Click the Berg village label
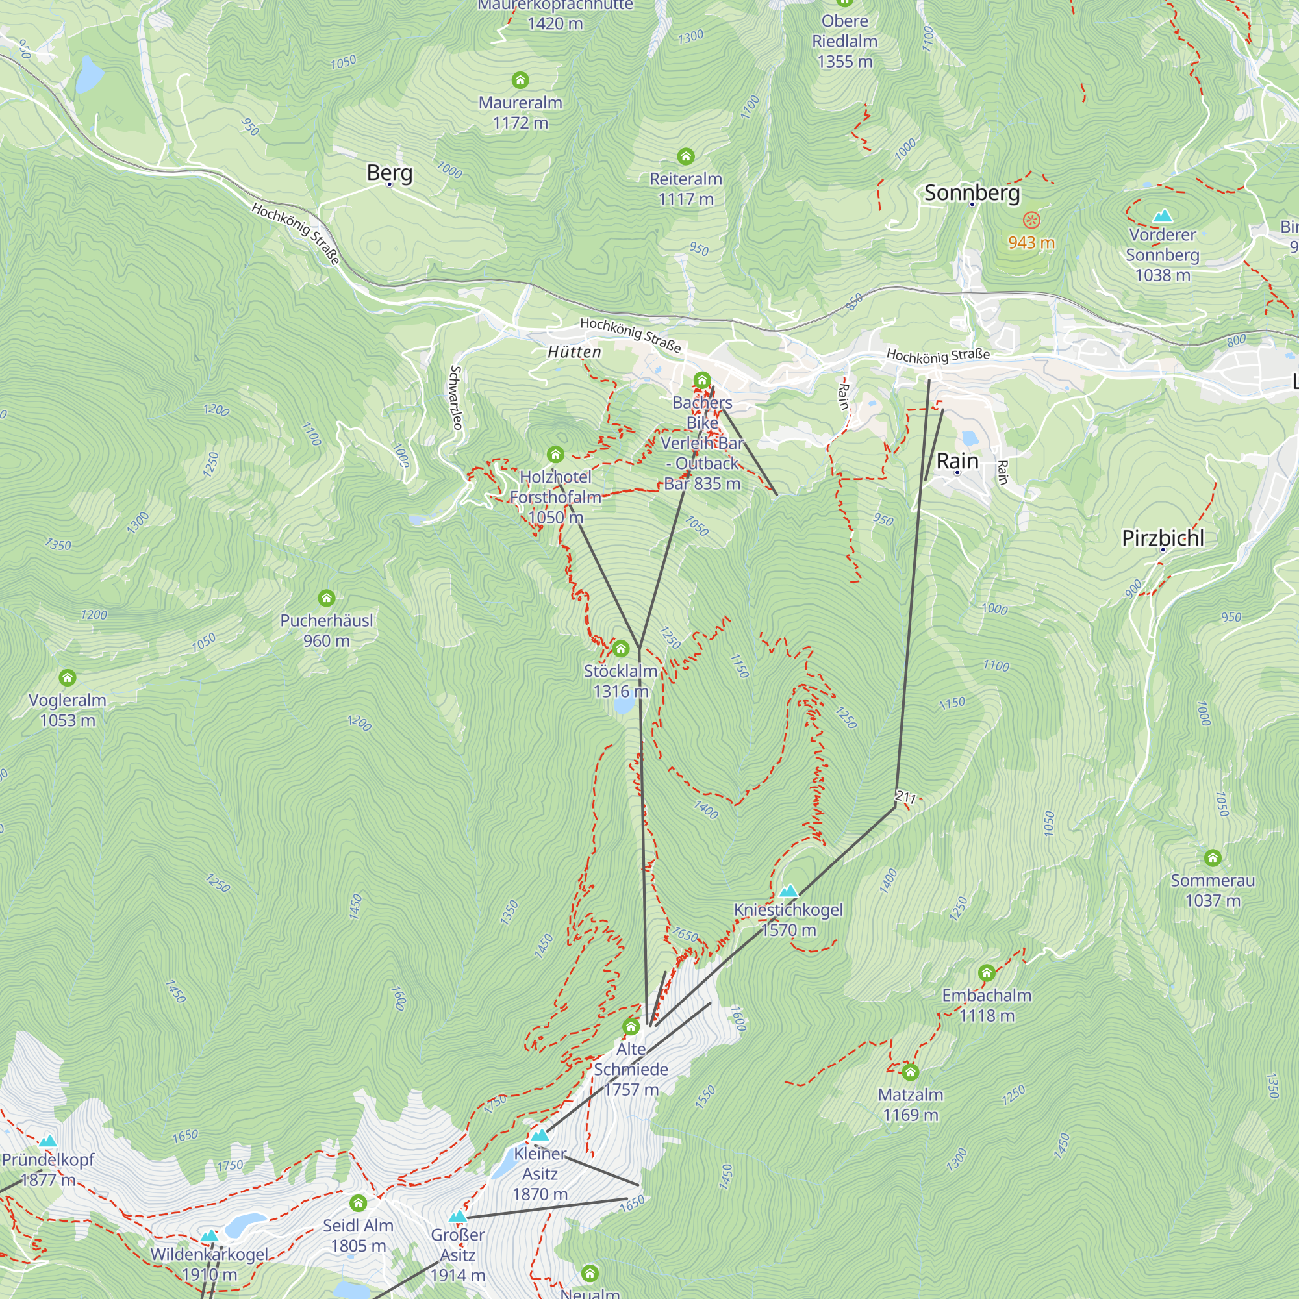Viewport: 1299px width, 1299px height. [389, 173]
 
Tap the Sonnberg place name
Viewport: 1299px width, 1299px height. [972, 193]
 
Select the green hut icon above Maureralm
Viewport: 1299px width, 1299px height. [520, 81]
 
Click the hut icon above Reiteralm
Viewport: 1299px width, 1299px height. [685, 157]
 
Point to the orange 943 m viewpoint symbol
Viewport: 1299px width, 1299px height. [1031, 220]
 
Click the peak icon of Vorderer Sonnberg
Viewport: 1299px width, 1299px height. [1162, 216]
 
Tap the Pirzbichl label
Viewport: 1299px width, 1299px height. [1163, 538]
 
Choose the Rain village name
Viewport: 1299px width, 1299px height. [957, 461]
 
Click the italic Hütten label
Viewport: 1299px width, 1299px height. [574, 352]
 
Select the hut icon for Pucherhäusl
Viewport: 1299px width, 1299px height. [326, 598]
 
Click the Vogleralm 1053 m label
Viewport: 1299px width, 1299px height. [68, 710]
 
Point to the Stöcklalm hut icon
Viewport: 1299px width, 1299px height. [620, 649]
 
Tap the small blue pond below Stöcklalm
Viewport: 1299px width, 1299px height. [624, 705]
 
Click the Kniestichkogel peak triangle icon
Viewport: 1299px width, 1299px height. [788, 892]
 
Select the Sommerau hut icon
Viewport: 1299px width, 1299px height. [1212, 858]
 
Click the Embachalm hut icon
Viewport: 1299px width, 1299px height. [987, 973]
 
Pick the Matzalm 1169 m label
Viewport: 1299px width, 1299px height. [911, 1105]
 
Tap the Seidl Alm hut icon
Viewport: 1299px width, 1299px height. [358, 1203]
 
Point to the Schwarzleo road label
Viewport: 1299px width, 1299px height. [456, 397]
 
